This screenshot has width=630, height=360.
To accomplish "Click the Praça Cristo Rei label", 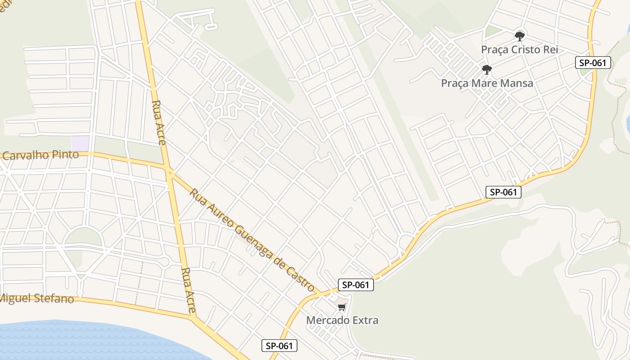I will [x=519, y=49].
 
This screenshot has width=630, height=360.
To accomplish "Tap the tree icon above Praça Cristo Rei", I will [x=520, y=36].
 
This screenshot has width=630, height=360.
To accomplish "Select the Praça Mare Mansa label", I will [x=487, y=83].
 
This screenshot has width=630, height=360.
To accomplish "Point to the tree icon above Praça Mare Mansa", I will [x=486, y=70].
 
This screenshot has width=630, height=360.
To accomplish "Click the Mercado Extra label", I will [x=342, y=320].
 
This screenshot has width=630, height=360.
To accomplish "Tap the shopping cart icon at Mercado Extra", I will [x=342, y=307].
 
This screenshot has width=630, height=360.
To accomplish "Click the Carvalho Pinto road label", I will [x=40, y=155].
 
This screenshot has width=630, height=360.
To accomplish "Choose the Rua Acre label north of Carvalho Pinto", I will [x=158, y=122].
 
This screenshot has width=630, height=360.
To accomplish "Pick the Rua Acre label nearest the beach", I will [x=189, y=290].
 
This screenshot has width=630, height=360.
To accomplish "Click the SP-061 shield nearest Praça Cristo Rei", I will [x=593, y=63].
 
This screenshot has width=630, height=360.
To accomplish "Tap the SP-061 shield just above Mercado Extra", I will [x=355, y=284].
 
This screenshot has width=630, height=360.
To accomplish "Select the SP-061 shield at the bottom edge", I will [x=279, y=346].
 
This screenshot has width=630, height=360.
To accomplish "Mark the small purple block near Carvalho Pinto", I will [x=80, y=144].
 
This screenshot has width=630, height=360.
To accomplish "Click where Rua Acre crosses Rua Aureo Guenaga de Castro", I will [x=170, y=171].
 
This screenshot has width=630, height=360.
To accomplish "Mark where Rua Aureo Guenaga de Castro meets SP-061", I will [x=320, y=295].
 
